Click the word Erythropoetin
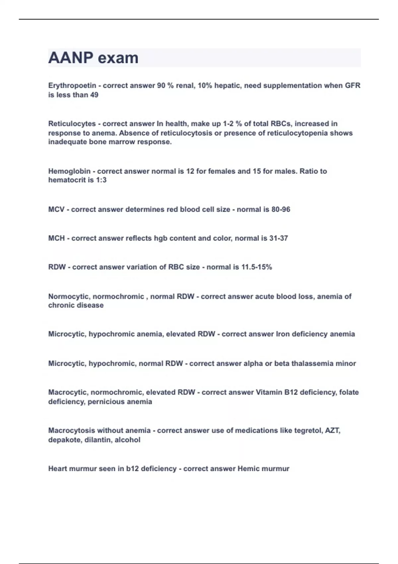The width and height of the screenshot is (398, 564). pos(72,86)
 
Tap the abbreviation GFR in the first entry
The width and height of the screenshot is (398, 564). pos(353,86)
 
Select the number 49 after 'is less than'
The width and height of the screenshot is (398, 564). pos(94,95)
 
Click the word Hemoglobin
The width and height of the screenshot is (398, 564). pos(69,171)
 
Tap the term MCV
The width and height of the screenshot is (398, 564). pos(56,210)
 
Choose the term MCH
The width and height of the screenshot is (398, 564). pos(56,238)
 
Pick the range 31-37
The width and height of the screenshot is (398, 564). pos(279,238)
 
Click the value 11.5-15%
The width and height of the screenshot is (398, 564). pos(256,267)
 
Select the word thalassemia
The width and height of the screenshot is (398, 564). pos(312,364)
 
